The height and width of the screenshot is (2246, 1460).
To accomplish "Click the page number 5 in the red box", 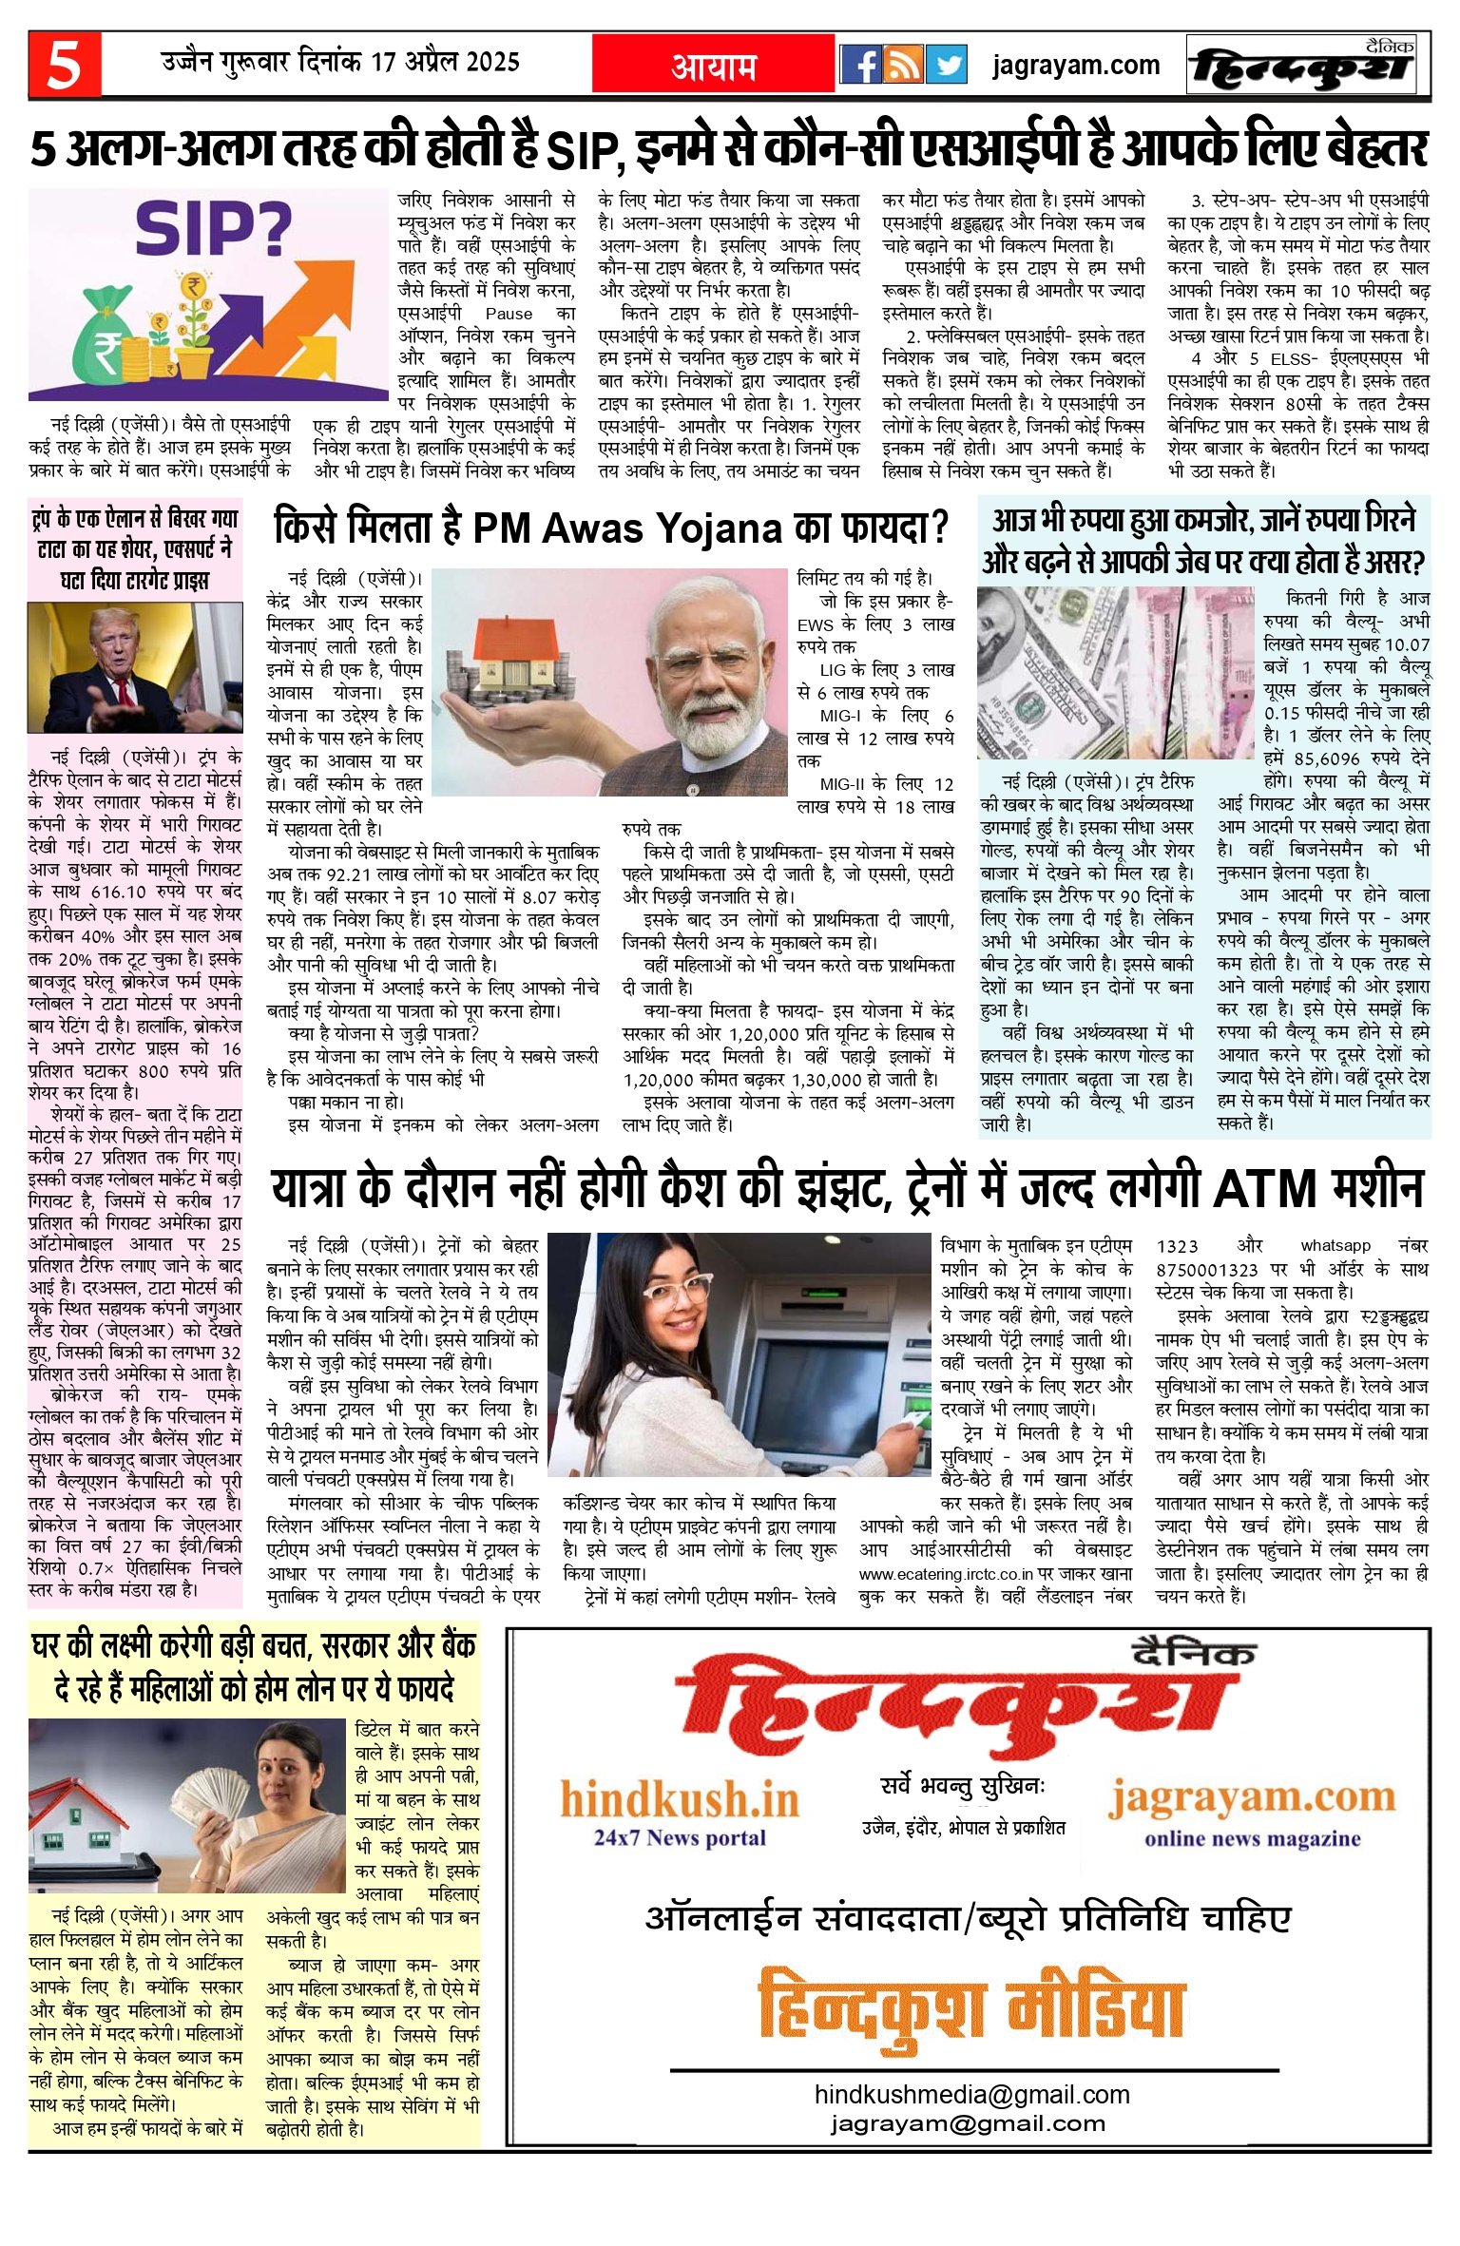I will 64,65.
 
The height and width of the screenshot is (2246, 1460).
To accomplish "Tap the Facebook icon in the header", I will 861,65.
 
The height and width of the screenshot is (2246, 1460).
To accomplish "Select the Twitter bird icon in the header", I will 946,65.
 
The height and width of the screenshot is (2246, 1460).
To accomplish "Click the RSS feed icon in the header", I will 904,65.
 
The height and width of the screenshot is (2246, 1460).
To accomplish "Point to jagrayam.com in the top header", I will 1075,66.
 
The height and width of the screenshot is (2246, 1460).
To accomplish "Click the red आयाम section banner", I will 713,65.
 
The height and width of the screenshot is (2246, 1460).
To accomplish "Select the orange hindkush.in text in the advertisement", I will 680,1799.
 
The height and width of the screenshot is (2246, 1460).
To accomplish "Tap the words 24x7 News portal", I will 680,1837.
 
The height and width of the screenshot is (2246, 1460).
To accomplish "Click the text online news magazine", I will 1252,1838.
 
